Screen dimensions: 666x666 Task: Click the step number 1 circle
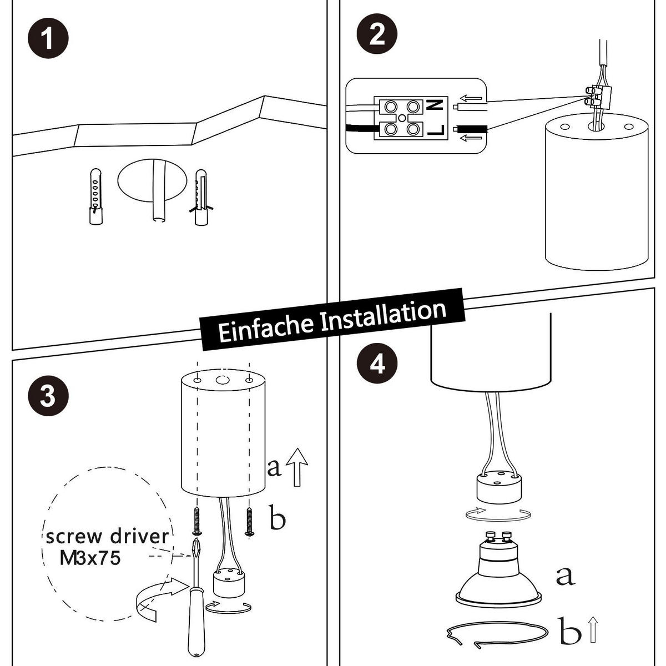[x=48, y=40]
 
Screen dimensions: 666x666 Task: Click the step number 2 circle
[x=377, y=35]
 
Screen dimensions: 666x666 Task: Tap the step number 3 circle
[x=48, y=397]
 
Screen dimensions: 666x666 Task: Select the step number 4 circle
[x=377, y=364]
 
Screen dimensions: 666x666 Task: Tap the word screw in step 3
[x=74, y=537]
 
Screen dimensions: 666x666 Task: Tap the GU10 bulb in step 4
[x=497, y=572]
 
